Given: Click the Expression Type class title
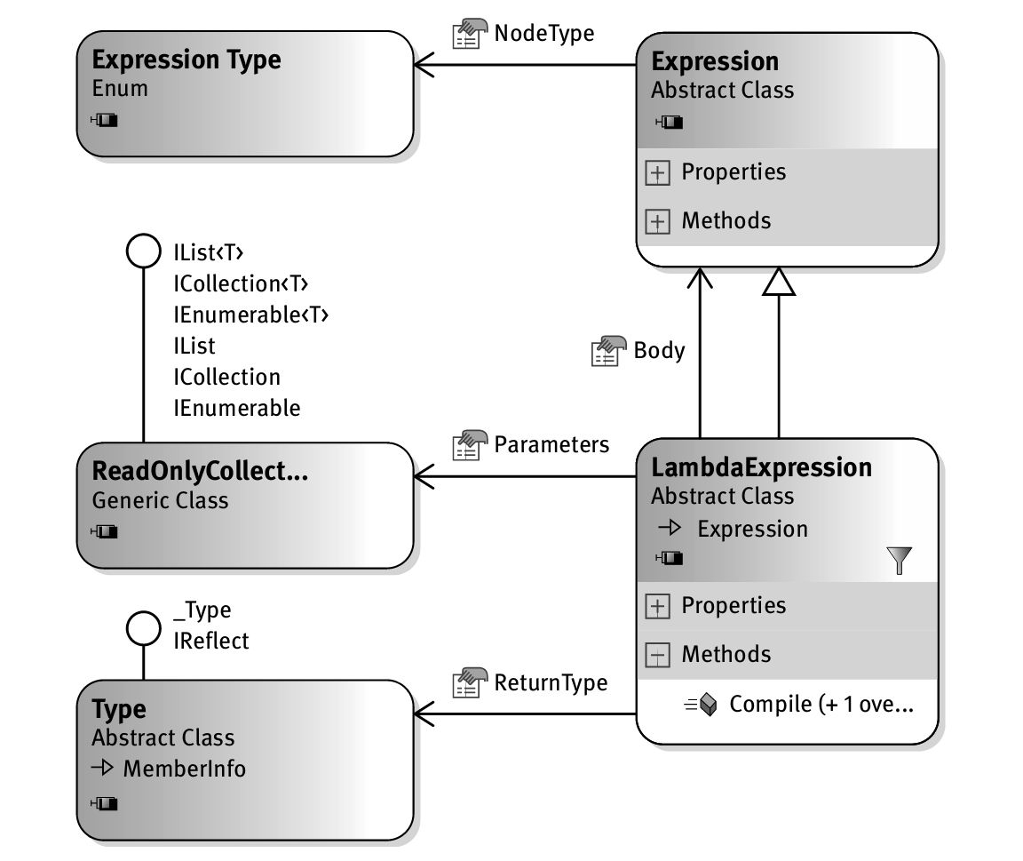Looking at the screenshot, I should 186,60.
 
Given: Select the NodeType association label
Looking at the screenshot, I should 543,34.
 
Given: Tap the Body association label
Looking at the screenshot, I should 659,350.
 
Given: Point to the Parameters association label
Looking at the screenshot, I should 551,444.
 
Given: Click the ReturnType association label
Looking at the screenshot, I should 551,682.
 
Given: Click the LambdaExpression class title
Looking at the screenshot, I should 762,467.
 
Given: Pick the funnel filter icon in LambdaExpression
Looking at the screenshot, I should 899,560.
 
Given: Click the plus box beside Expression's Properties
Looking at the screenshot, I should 657,173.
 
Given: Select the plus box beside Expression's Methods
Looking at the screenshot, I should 657,222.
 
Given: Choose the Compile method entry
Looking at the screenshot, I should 821,705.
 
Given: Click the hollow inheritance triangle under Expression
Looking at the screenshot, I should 779,282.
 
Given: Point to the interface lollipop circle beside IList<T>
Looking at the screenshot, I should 142,251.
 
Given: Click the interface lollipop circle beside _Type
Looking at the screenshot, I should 142,628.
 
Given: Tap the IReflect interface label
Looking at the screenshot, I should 211,640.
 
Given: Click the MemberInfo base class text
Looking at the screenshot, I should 185,769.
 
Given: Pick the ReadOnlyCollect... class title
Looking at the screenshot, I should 201,471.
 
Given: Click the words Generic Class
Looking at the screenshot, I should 160,500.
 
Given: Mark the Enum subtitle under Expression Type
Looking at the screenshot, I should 120,89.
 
